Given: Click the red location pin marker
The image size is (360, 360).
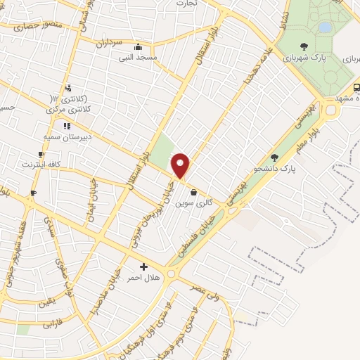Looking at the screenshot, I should point(181,166).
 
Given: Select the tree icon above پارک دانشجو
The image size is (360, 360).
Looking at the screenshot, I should point(274,157).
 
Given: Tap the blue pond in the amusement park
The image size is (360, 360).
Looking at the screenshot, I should point(324,27).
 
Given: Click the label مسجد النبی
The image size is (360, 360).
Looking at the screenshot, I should point(157,56).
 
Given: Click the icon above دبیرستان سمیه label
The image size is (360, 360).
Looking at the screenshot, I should point(67,126).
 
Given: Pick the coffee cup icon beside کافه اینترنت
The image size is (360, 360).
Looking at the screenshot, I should point(41,154).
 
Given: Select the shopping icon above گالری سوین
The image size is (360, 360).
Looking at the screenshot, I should point(193,191).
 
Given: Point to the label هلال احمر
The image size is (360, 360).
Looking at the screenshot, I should point(143,278).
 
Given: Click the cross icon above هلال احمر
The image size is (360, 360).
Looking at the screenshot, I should point(143,266).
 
